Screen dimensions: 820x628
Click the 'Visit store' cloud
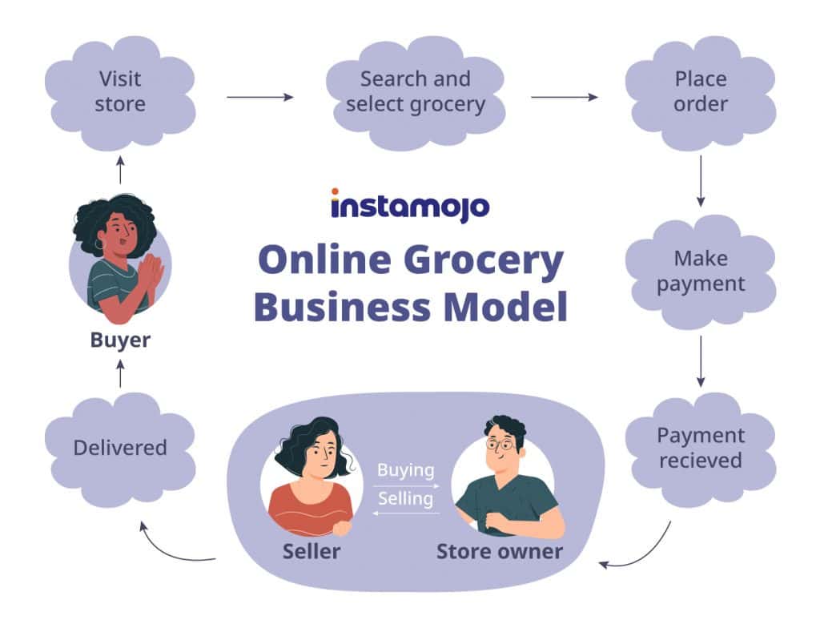120,93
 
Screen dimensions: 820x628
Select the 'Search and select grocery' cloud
416,93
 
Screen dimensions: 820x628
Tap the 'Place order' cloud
701,93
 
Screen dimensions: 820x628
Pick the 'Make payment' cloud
701,272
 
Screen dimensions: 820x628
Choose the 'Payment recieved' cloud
701,449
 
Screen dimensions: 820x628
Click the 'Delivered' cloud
120,449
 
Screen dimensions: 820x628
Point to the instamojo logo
410,206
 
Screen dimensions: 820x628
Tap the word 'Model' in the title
506,307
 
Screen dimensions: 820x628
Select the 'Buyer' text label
120,340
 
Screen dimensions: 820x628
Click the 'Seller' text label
312,552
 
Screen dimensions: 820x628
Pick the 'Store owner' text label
500,552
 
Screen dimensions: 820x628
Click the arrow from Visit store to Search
260,97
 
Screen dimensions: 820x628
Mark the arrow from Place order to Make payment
701,181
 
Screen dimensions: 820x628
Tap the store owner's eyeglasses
500,445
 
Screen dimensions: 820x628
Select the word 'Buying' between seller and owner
406,470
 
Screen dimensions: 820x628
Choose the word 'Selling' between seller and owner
406,499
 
